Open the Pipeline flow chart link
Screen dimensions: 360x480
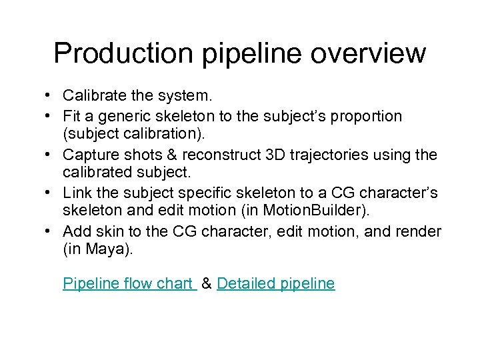click(x=127, y=283)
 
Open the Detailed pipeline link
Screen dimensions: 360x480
click(x=276, y=283)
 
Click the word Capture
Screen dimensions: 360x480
click(x=88, y=155)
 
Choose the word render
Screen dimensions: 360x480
click(x=419, y=231)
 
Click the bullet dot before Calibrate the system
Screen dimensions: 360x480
click(x=51, y=97)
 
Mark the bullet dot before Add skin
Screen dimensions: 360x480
click(x=51, y=231)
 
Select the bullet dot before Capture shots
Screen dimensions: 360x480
click(x=51, y=155)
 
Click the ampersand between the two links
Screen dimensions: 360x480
click(x=207, y=283)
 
